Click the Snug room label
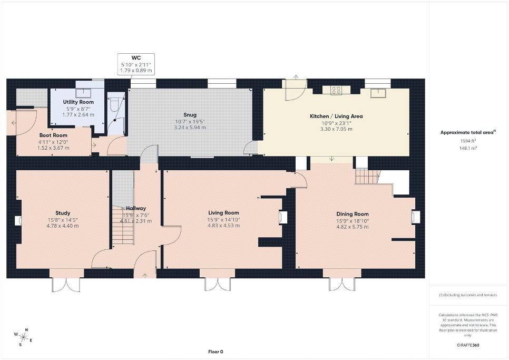point(190,115)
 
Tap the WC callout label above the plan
point(136,58)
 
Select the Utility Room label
point(78,102)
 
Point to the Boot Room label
point(53,135)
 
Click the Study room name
point(63,213)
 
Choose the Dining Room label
point(352,214)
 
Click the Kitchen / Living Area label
point(336,116)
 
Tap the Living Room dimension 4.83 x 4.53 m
point(223,226)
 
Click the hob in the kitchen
point(336,90)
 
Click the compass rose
point(23,337)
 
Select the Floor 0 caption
point(216,352)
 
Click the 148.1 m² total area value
point(468,148)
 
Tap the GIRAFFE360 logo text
point(467,345)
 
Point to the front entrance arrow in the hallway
point(145,276)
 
